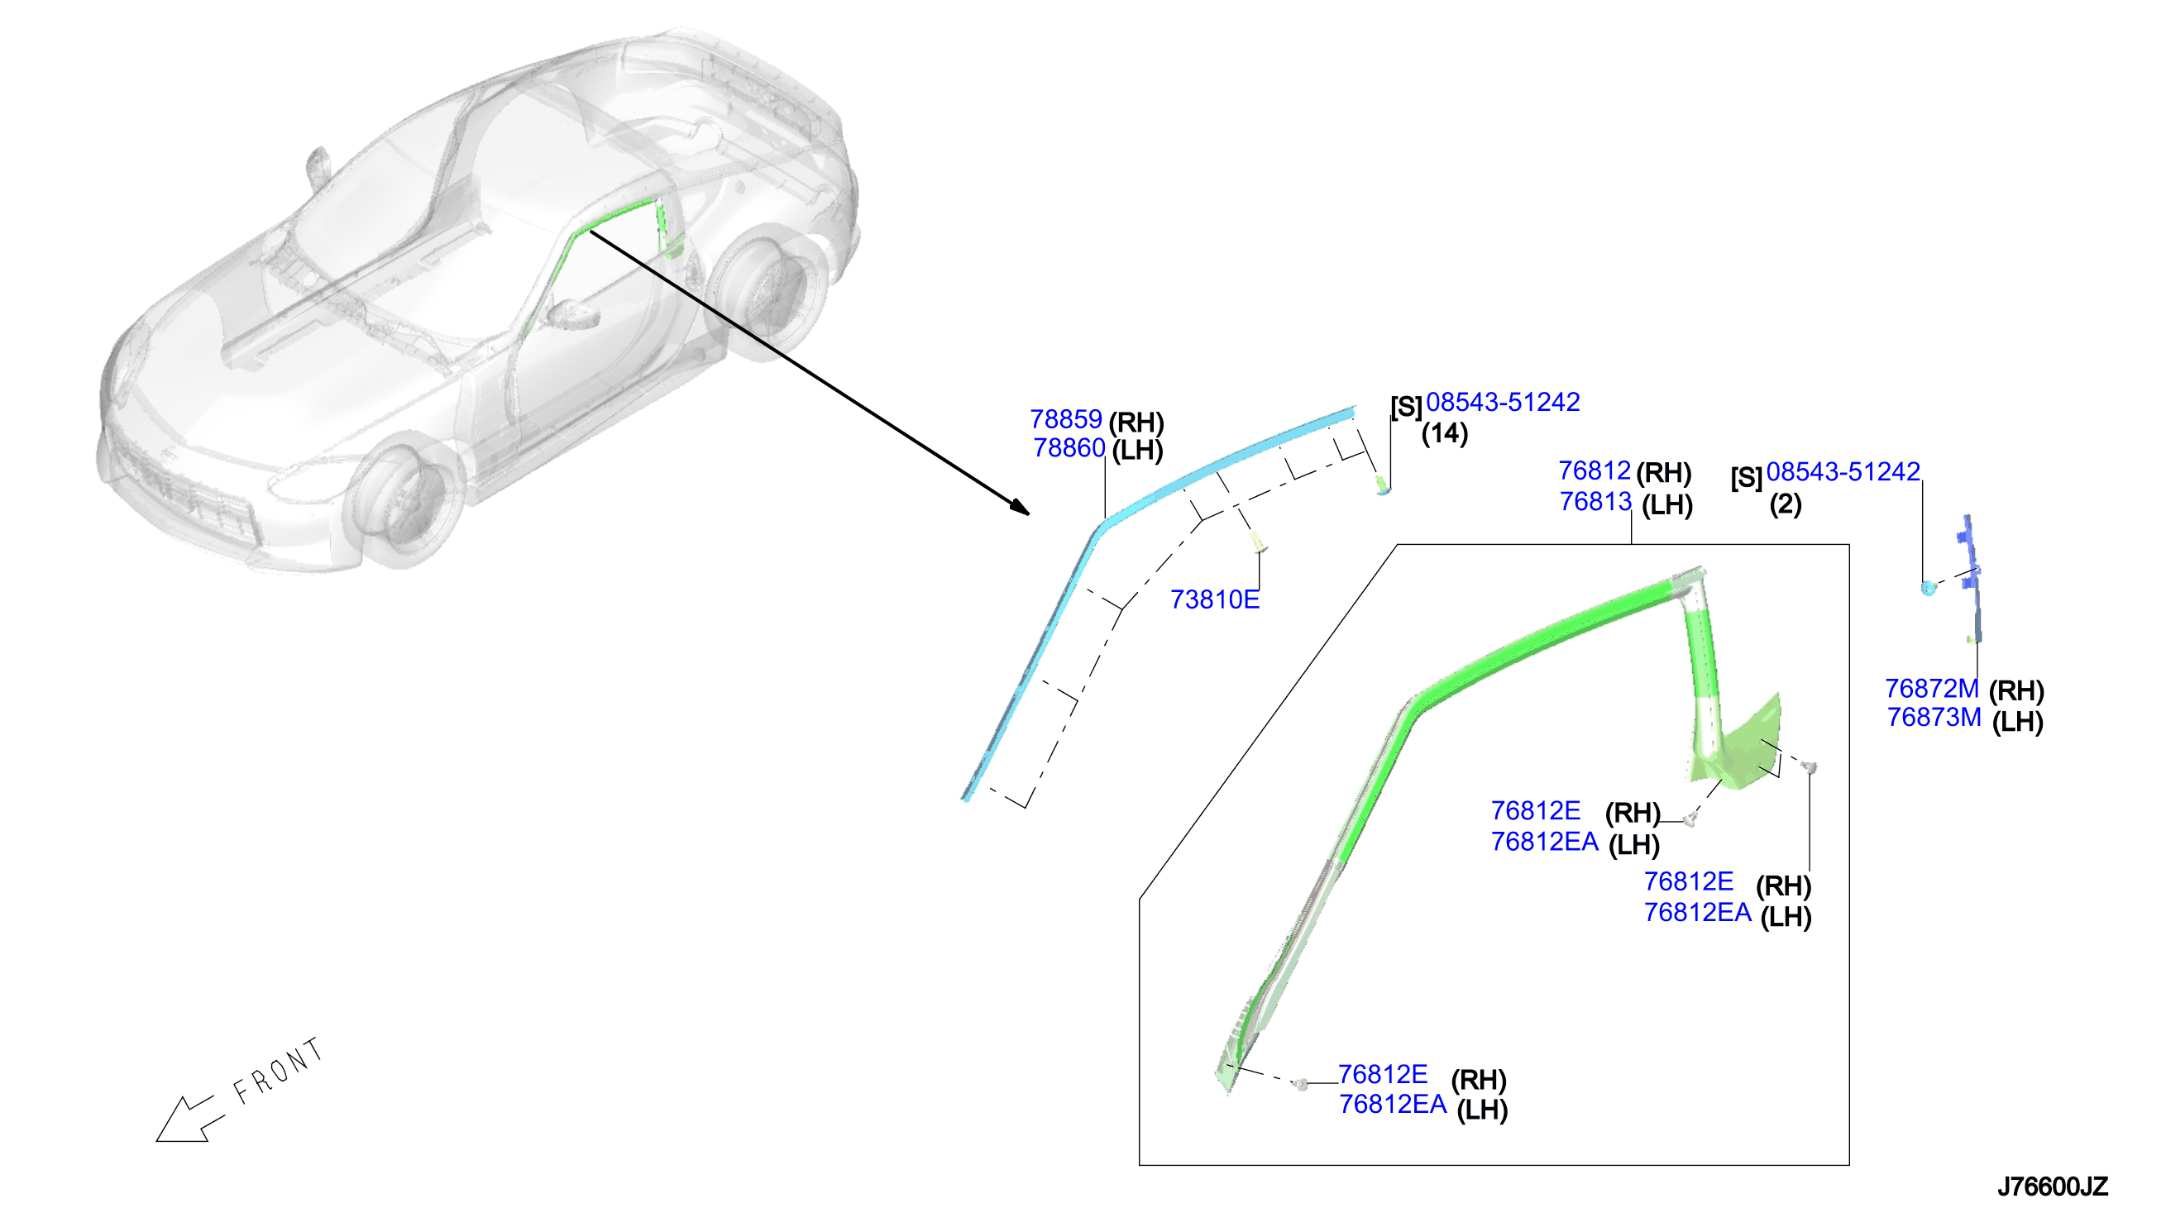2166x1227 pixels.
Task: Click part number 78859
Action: [x=1065, y=419]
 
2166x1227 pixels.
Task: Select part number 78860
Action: [x=1069, y=447]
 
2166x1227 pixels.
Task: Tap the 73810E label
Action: [x=1214, y=599]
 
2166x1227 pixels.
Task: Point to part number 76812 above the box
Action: [x=1594, y=470]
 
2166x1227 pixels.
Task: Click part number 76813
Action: [x=1595, y=501]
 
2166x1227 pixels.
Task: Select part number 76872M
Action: [x=1932, y=689]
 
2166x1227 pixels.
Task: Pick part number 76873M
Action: [x=1934, y=717]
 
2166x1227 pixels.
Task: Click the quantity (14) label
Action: [x=1445, y=433]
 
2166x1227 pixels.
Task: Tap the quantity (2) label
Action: [x=1785, y=504]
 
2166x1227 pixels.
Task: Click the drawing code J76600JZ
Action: [x=2052, y=1186]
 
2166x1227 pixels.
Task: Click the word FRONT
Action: [x=279, y=1071]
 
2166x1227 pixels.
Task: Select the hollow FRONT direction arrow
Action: [x=190, y=1120]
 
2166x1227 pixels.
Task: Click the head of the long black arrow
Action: [x=1020, y=507]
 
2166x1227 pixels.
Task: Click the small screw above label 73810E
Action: [x=1257, y=542]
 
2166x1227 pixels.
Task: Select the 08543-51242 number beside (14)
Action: [x=1503, y=402]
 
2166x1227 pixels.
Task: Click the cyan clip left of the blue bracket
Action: [x=1929, y=587]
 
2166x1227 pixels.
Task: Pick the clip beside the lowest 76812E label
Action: [x=1300, y=1084]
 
